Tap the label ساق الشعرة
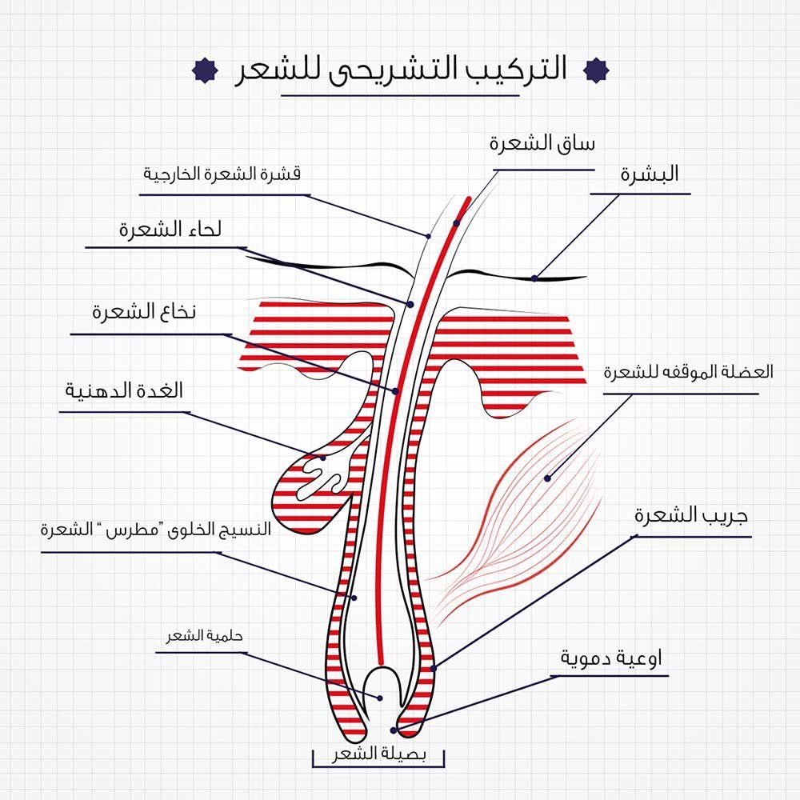click(x=543, y=145)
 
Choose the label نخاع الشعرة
click(x=144, y=313)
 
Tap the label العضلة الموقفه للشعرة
click(x=689, y=373)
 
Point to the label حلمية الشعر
click(x=199, y=637)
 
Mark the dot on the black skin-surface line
click(x=534, y=278)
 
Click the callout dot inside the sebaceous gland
click(x=323, y=458)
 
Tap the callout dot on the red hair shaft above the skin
click(x=457, y=223)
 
